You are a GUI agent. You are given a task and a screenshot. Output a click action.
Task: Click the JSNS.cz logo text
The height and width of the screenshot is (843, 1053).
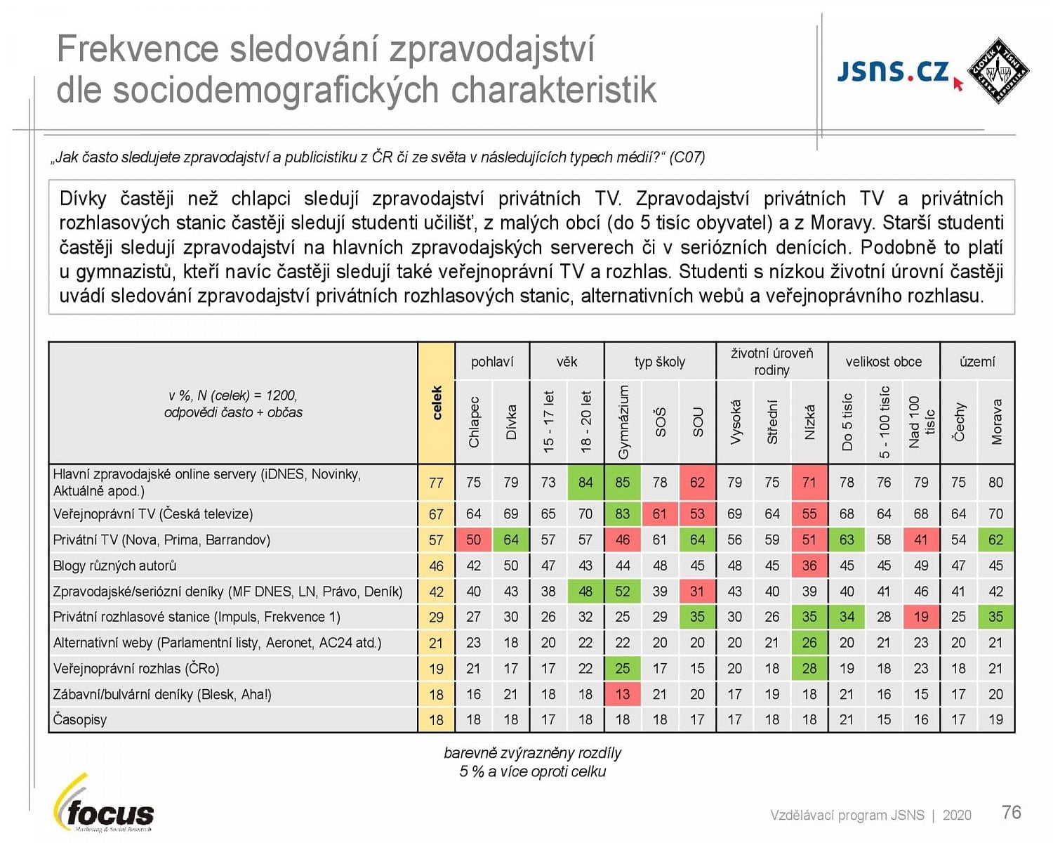click(892, 72)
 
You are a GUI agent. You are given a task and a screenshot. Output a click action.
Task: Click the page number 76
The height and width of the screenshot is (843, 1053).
click(1011, 812)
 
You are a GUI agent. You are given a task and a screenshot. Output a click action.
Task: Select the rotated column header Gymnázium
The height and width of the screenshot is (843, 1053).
click(623, 422)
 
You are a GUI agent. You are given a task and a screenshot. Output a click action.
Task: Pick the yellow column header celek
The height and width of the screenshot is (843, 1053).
click(437, 403)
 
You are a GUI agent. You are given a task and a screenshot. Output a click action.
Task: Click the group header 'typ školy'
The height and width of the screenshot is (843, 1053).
click(659, 362)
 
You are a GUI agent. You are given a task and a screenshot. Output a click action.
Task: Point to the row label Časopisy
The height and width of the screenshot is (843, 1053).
click(80, 720)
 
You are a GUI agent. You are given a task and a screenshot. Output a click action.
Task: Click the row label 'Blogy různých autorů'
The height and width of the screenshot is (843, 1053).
click(114, 566)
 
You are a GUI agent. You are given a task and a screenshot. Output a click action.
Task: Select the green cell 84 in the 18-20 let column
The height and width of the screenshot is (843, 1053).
click(585, 483)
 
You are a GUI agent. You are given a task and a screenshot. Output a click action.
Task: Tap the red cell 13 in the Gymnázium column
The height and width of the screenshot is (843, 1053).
click(623, 694)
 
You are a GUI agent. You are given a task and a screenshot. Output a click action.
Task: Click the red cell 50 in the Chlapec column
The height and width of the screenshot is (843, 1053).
click(474, 540)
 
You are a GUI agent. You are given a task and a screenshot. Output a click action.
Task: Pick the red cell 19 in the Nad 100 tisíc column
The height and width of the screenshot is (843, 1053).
click(921, 617)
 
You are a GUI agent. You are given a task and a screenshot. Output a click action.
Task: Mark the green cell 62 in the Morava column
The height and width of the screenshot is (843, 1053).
click(995, 540)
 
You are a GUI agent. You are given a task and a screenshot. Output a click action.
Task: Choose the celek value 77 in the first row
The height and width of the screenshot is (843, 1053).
click(436, 483)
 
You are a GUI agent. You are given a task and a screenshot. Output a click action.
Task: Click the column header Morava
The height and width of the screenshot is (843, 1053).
click(996, 422)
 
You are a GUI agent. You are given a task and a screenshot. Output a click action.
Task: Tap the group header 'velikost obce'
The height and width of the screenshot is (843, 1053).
click(883, 362)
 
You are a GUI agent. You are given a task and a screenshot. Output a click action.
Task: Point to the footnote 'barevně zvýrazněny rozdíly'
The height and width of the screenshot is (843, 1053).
click(532, 753)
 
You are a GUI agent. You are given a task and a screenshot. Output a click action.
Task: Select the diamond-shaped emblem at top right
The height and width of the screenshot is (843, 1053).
click(998, 71)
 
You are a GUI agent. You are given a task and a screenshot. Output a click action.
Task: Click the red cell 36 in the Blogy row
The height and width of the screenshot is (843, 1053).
click(809, 566)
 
